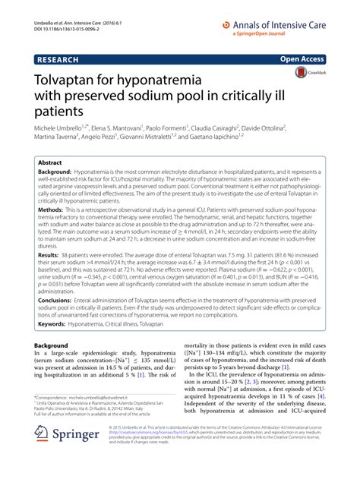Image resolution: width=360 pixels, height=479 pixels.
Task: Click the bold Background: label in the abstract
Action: point(60,174)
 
